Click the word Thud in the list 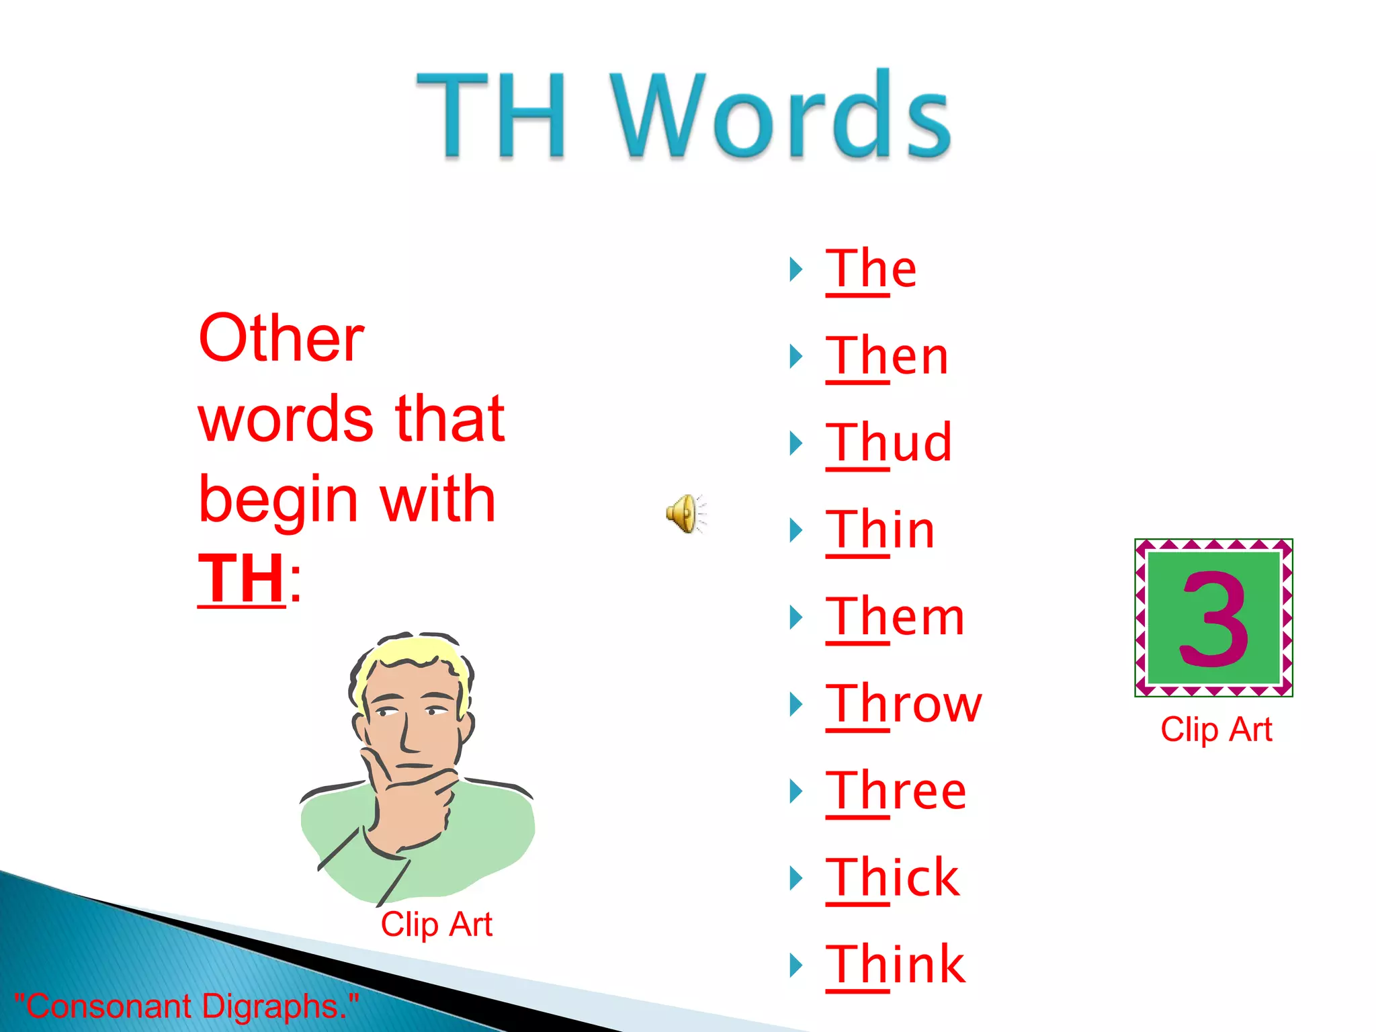click(x=888, y=443)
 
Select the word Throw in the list click(x=904, y=704)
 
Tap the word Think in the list click(x=895, y=965)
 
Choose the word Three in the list click(x=896, y=791)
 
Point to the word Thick click(x=892, y=878)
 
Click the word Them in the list click(x=895, y=617)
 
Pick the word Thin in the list click(x=879, y=530)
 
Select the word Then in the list click(x=887, y=356)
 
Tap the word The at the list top click(x=871, y=269)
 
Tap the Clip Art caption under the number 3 click(x=1216, y=730)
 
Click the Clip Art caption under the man click(x=437, y=924)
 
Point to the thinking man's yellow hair click(x=410, y=655)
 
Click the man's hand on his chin click(x=410, y=793)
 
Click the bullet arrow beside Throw click(x=796, y=704)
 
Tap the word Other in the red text click(x=282, y=339)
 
